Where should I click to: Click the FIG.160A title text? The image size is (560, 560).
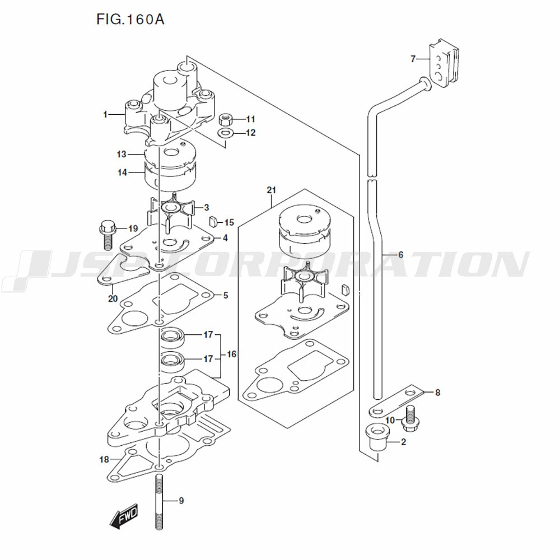coord(129,20)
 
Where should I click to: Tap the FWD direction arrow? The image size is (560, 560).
coord(124,517)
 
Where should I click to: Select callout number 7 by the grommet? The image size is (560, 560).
coord(413,59)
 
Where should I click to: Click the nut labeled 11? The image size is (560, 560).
coord(226,119)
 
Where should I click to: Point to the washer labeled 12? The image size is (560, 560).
coord(226,133)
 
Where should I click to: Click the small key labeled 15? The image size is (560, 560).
coord(214,222)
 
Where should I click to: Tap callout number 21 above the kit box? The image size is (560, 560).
coord(272,192)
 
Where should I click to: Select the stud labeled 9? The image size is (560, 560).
coord(160,501)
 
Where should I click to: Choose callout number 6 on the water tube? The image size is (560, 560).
coord(401,255)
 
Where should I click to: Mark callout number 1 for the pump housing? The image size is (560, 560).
coord(105,114)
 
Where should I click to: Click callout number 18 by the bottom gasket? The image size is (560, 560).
coord(104,460)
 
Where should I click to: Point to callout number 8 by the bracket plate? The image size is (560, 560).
coord(437,393)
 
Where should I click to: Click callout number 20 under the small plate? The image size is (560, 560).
coord(113,298)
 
